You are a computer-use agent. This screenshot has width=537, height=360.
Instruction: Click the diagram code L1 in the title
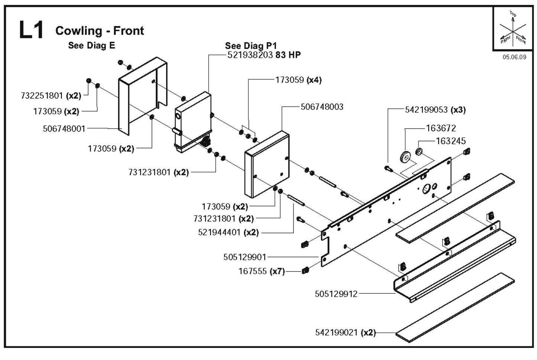pos(31,30)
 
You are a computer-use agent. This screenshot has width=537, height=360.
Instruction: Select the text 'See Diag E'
pos(91,45)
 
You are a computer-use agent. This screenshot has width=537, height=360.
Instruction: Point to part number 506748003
pos(322,107)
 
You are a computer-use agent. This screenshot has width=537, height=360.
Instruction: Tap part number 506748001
pos(64,129)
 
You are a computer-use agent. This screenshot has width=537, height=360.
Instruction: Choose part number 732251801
pos(42,96)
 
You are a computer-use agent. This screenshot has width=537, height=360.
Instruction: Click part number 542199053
pos(426,110)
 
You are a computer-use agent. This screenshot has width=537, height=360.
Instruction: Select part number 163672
pos(441,128)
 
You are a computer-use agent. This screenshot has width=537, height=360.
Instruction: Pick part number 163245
pos(450,141)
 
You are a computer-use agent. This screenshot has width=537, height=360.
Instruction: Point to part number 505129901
pos(245,257)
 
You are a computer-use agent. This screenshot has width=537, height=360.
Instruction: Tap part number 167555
pos(253,271)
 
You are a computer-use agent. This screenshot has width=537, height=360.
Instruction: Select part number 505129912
pos(336,294)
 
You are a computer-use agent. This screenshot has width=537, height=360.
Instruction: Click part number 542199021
pos(337,332)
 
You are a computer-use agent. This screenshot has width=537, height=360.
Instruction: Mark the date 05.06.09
pos(514,57)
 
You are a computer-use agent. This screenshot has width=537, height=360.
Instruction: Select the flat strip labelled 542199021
pos(455,307)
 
